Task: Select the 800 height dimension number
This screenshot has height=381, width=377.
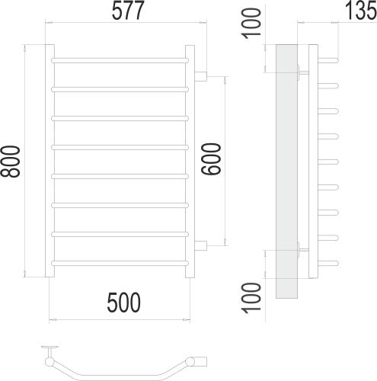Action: click(x=11, y=162)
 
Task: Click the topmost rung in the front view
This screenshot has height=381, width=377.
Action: click(x=120, y=59)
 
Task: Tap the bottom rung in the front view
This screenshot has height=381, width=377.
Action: click(x=120, y=264)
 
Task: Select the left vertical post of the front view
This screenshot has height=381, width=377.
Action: click(x=50, y=162)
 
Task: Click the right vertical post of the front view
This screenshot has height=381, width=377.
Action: click(x=190, y=162)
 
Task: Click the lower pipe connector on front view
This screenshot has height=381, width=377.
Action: click(x=201, y=245)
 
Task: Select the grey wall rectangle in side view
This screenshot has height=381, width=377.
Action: click(x=286, y=171)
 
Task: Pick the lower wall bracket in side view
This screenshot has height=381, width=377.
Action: click(x=303, y=249)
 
